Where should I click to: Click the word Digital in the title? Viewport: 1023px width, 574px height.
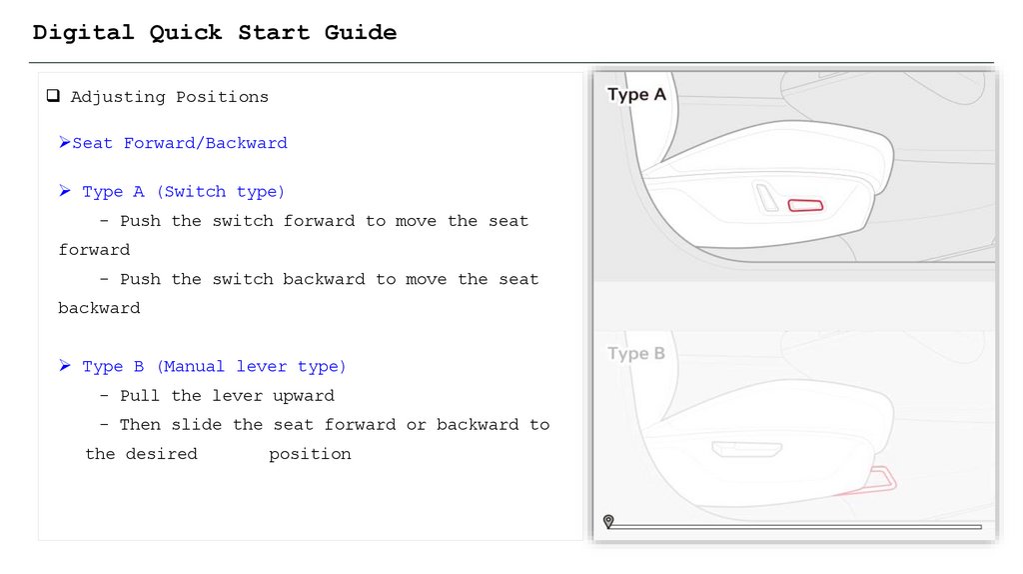coord(83,33)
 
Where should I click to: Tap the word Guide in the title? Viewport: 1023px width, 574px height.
coord(360,32)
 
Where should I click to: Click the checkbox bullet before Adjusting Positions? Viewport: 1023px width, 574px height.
coord(53,96)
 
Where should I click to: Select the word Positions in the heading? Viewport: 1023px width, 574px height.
coord(222,97)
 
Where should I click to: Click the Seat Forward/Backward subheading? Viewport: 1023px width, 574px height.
coord(180,143)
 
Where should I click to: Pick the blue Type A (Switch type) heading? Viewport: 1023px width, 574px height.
coord(184,191)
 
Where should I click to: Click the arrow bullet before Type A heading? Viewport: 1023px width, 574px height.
coord(65,191)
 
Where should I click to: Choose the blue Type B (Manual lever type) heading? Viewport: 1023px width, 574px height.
coord(214,366)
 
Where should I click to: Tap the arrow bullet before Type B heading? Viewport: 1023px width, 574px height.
coord(65,366)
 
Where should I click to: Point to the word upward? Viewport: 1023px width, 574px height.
coord(304,396)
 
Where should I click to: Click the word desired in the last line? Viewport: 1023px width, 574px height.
coord(161,454)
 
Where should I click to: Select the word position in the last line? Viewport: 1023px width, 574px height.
coord(310,454)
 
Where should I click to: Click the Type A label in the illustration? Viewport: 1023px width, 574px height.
coord(636,95)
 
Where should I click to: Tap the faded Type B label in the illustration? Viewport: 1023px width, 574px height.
coord(636,353)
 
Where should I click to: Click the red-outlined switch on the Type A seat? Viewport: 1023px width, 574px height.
coord(806,206)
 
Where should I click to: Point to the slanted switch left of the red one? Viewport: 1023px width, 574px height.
coord(766,197)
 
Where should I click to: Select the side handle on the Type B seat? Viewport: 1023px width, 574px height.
coord(746,449)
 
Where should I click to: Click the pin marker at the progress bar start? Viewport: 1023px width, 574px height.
coord(608,521)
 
